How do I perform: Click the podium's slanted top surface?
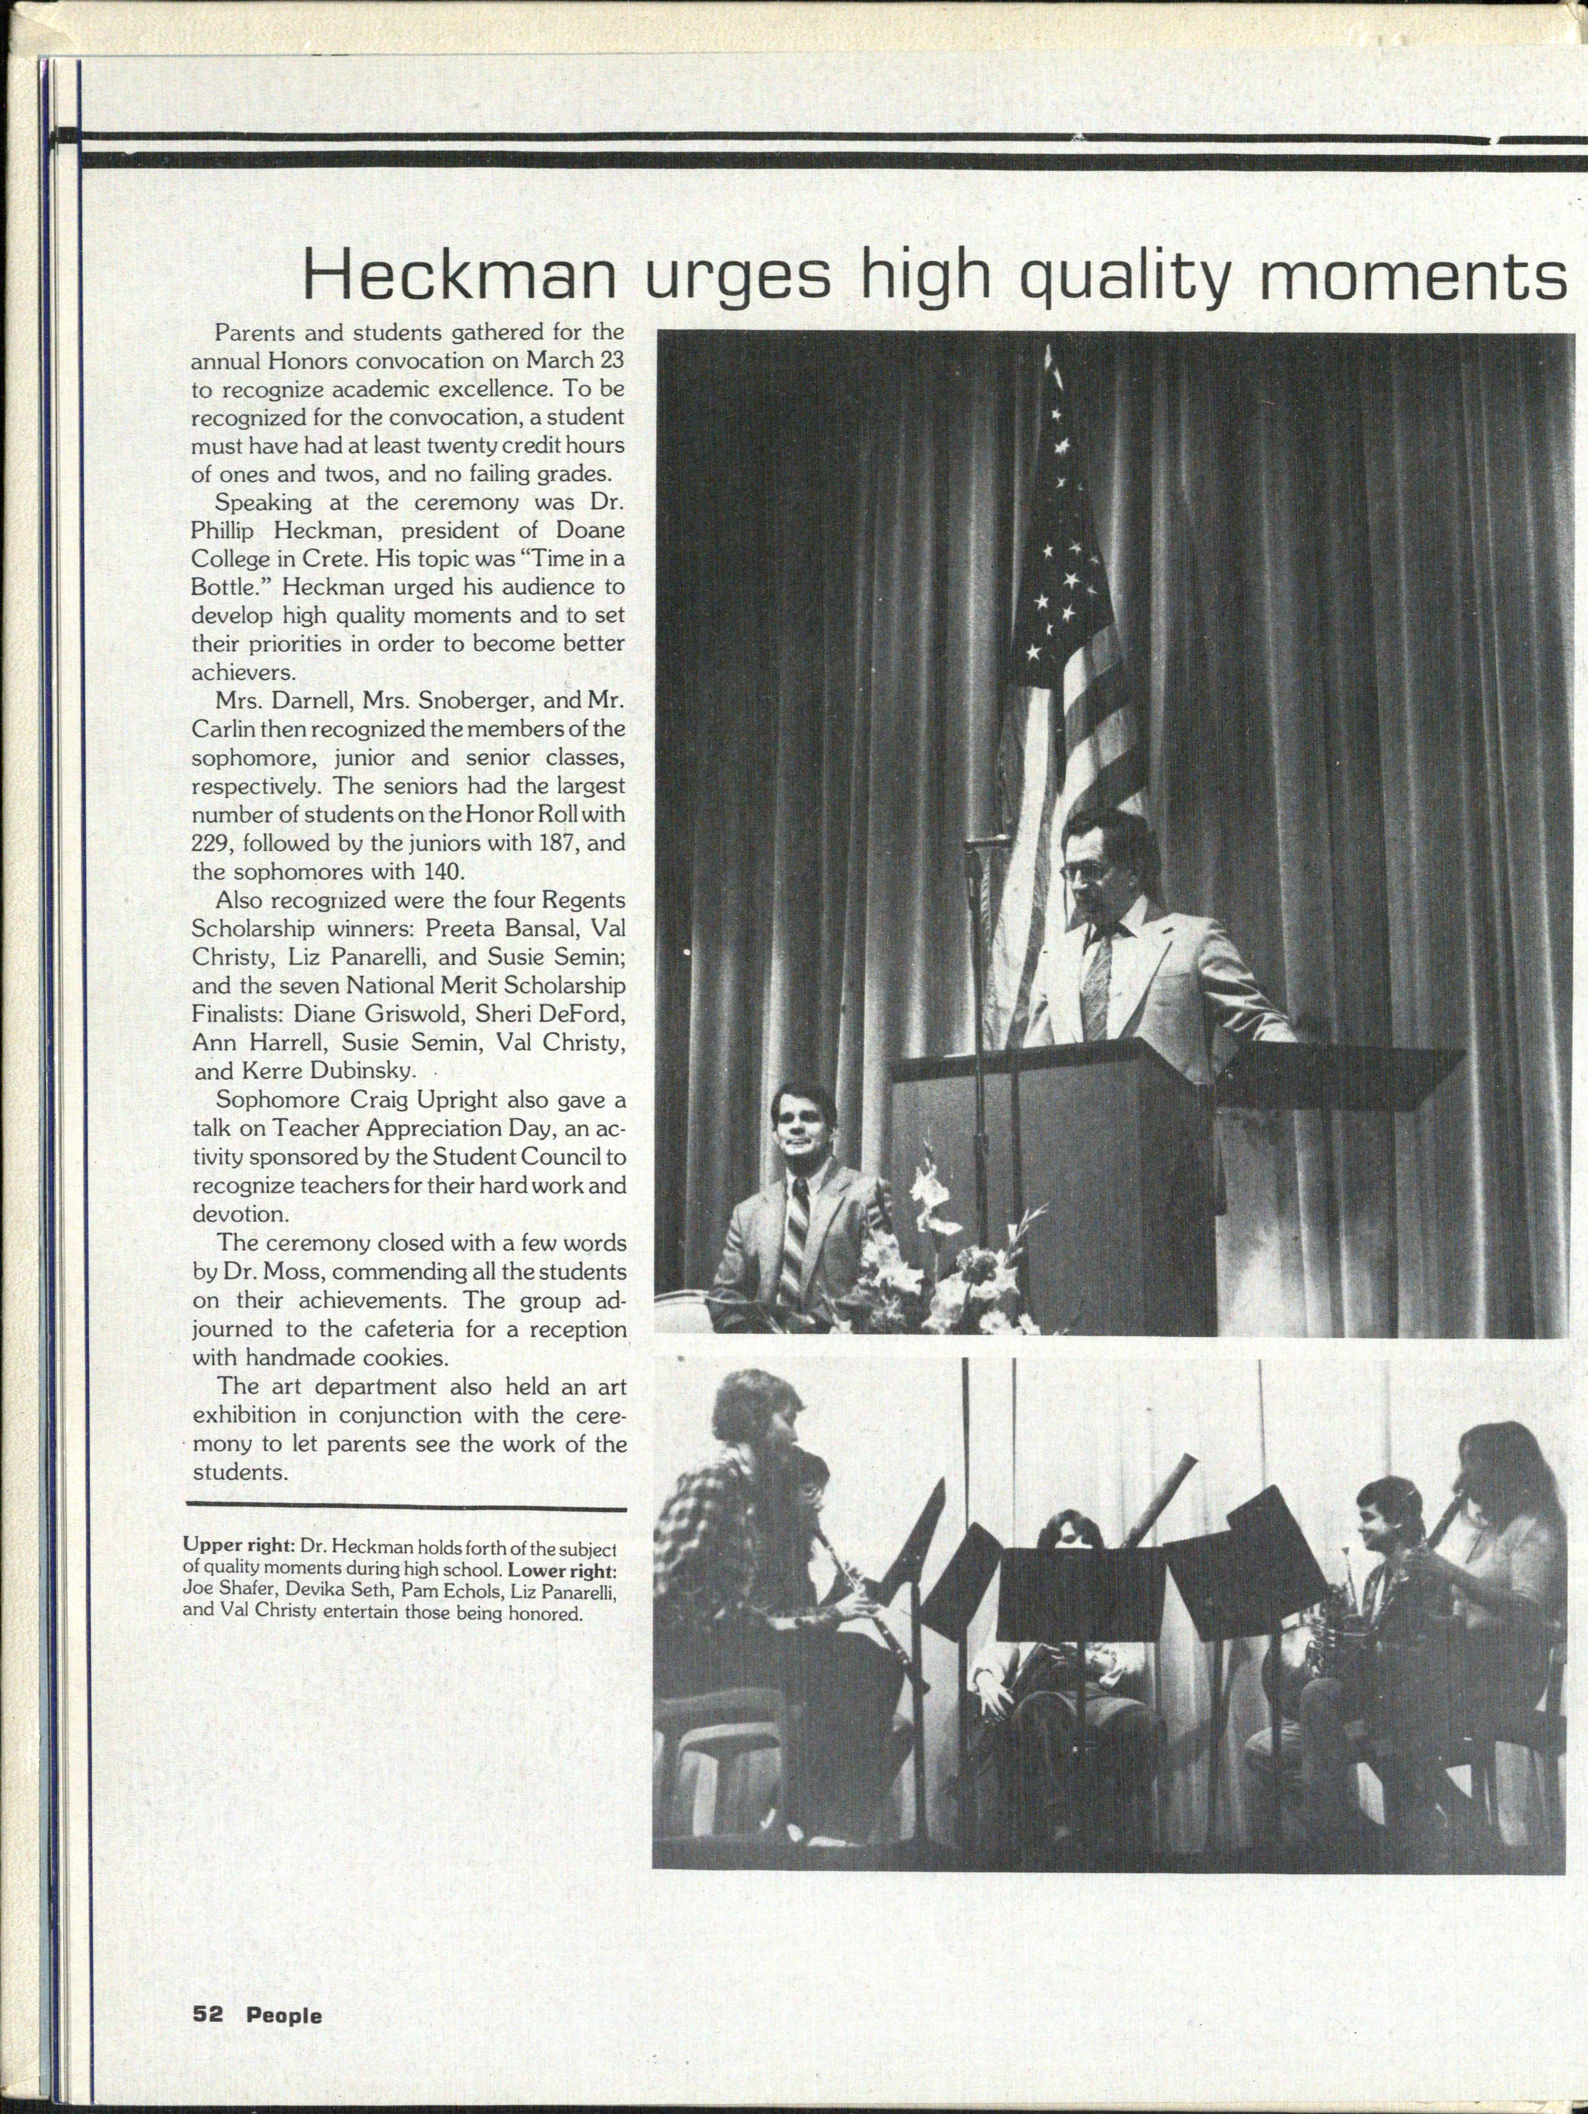[1175, 1061]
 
